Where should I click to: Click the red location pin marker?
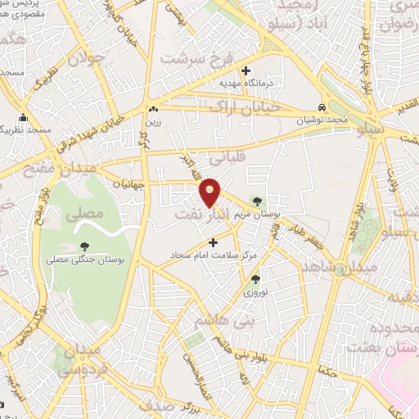(210, 192)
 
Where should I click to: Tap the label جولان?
(87, 59)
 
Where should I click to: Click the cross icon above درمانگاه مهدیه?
(245, 70)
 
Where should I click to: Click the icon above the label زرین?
(152, 108)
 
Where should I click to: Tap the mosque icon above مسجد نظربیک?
(24, 118)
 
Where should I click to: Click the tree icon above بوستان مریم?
(258, 200)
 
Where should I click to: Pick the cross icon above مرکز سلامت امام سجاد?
(214, 241)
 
